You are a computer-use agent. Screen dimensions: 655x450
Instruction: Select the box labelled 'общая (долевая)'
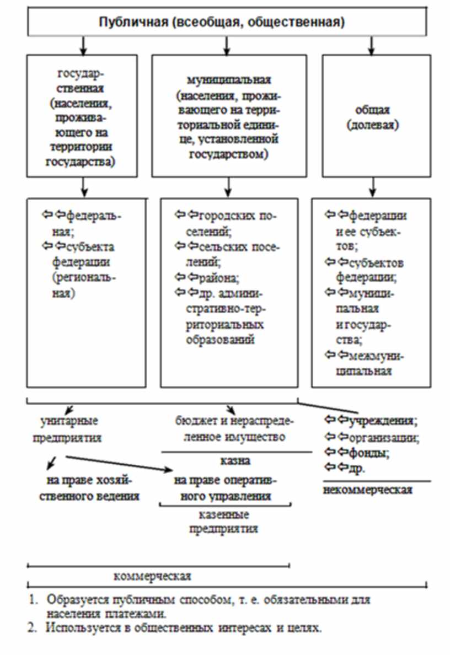point(372,116)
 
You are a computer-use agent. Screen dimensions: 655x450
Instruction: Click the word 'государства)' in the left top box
point(82,162)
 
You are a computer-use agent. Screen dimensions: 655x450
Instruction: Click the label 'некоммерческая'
point(368,490)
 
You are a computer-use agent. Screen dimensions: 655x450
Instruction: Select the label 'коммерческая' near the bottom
point(152,577)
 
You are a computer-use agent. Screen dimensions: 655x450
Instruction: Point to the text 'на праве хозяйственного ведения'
point(93,488)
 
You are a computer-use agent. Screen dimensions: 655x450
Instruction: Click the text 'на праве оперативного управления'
point(224,488)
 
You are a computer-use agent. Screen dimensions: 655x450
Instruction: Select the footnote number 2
point(33,627)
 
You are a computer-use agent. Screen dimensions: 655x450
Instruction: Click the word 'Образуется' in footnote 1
point(73,600)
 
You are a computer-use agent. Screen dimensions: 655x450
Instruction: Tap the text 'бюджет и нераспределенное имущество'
point(230,429)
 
